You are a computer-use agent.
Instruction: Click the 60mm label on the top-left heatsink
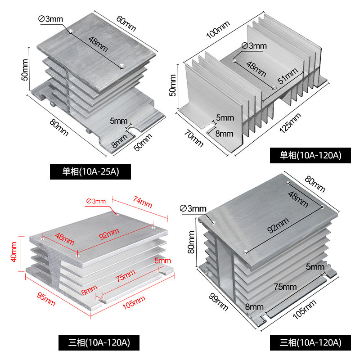126,23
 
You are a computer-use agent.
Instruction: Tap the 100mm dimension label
218,30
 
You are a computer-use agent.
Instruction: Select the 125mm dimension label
290,123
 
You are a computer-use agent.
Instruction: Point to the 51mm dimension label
288,76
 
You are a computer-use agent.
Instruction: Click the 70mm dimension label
194,138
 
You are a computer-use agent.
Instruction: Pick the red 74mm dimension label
142,202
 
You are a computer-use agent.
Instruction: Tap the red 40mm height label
13,252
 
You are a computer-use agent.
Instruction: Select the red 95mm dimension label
46,299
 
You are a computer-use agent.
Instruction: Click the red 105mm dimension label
134,302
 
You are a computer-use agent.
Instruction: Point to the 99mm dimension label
218,302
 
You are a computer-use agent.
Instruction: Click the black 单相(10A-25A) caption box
90,171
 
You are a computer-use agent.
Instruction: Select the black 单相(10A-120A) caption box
310,155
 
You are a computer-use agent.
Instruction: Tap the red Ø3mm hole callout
96,201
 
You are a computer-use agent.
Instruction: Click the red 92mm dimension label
109,234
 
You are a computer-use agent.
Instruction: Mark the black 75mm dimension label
285,287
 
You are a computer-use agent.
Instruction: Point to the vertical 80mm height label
191,242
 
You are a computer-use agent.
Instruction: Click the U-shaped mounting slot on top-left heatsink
133,129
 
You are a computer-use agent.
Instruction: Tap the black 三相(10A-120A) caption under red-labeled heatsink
99,342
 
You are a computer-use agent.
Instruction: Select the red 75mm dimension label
125,276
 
